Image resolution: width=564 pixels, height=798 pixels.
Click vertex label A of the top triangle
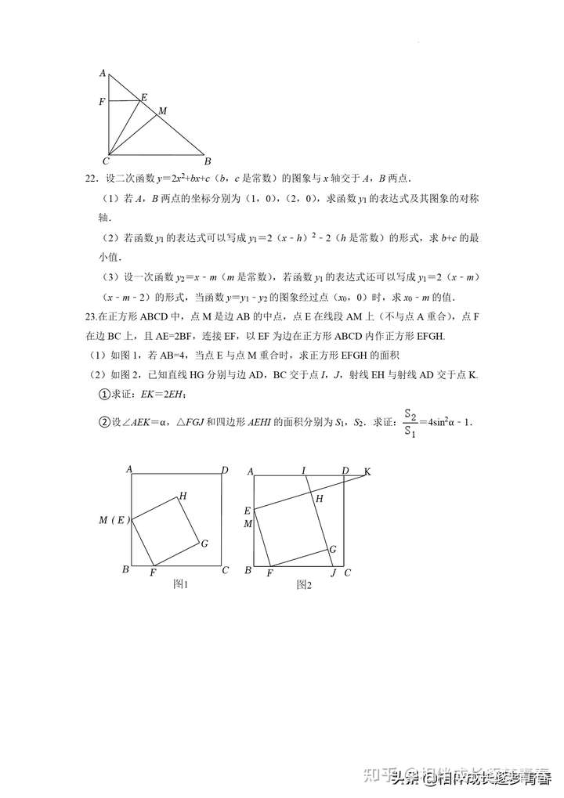(x=103, y=73)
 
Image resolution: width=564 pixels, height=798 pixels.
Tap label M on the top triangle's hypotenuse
(x=162, y=111)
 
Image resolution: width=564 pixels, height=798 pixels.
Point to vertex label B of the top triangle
(x=208, y=162)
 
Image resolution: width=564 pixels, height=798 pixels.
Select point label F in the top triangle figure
(x=102, y=102)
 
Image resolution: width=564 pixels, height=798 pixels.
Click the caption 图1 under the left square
(x=181, y=584)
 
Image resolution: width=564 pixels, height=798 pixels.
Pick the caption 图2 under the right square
(x=304, y=584)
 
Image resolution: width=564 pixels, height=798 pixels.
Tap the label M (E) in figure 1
(x=114, y=520)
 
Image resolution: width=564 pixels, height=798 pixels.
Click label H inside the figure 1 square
(x=183, y=495)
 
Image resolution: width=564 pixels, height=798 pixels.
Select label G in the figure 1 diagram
(x=204, y=543)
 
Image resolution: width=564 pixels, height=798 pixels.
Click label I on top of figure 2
(x=304, y=471)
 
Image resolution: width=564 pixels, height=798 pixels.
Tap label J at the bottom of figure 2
(x=334, y=572)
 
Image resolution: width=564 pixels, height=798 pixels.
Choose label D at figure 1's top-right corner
(x=224, y=470)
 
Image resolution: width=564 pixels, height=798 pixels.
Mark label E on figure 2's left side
(x=248, y=511)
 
